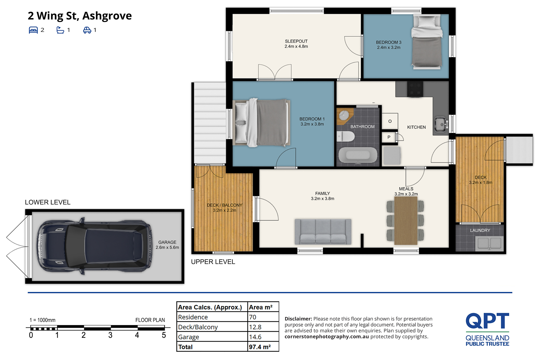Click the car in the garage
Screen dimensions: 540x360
click(94, 246)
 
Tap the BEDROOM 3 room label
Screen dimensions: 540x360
click(389, 42)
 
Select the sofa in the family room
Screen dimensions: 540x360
click(323, 232)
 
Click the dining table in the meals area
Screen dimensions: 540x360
click(406, 221)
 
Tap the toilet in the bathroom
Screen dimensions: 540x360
click(346, 137)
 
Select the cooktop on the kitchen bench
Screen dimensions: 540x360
click(415, 89)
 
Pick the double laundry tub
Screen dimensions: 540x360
click(489, 243)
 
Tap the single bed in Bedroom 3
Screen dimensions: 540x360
click(426, 42)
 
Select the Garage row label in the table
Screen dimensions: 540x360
click(188, 337)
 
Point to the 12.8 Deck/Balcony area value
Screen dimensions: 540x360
click(255, 327)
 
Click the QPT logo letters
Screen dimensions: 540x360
click(487, 321)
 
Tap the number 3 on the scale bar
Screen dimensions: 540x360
click(110, 335)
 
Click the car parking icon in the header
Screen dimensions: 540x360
click(87, 30)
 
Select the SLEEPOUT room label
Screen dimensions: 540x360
click(296, 41)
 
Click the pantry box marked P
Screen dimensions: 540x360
click(389, 137)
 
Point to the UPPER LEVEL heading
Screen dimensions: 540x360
click(213, 262)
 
